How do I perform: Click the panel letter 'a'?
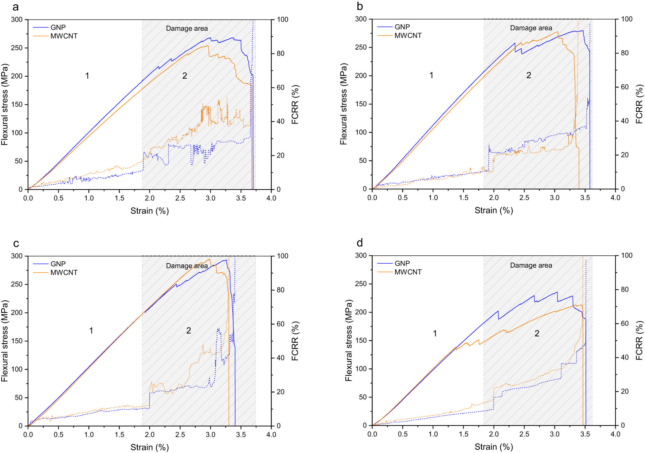tap(15, 7)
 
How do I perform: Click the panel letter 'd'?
tap(360, 243)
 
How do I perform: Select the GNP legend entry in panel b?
tap(402, 27)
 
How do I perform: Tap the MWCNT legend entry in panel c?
tap(64, 273)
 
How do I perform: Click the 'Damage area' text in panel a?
tap(187, 28)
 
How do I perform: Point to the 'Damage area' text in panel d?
tap(531, 265)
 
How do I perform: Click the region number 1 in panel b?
tap(431, 75)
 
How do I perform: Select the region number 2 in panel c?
tap(188, 330)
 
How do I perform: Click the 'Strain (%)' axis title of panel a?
tap(149, 211)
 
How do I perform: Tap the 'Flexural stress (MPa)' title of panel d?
tap(348, 340)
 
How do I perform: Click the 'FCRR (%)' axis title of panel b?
tap(639, 104)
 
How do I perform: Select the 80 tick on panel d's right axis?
tap(625, 289)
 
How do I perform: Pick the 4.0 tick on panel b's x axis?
tap(615, 198)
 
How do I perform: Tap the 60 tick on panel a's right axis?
tap(280, 88)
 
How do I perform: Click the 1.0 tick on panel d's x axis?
tap(433, 434)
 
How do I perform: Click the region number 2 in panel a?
tap(185, 76)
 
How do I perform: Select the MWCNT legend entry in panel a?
tap(64, 36)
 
